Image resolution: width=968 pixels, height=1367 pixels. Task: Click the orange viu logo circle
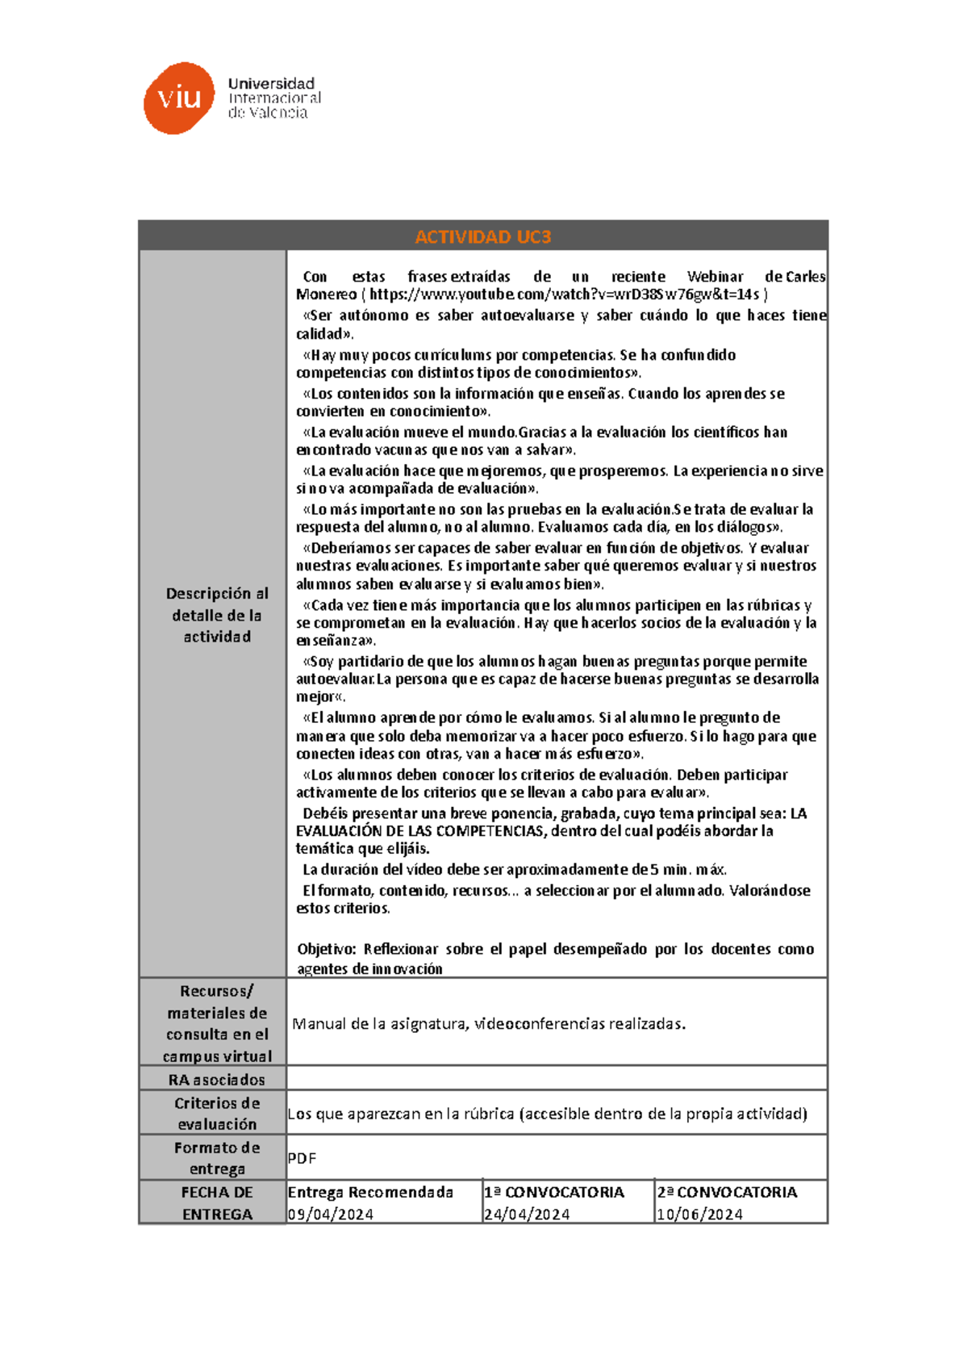click(x=179, y=98)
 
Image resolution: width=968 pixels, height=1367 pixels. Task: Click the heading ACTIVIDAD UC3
click(x=482, y=236)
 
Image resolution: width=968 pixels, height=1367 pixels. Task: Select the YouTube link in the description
click(x=564, y=295)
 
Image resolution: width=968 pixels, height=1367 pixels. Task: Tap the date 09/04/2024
click(x=331, y=1214)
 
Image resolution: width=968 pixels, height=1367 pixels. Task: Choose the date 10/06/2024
click(x=699, y=1214)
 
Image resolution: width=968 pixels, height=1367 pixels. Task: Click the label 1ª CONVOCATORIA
click(x=554, y=1192)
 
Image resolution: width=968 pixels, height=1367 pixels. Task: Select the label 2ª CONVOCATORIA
click(x=727, y=1192)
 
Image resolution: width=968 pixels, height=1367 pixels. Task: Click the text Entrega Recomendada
click(x=370, y=1192)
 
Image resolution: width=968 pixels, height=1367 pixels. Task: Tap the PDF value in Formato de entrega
click(x=302, y=1158)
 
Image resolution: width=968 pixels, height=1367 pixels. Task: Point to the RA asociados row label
click(x=216, y=1080)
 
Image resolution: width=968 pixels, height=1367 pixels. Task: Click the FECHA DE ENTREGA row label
click(x=216, y=1202)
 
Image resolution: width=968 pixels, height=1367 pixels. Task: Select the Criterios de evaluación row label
click(x=216, y=1114)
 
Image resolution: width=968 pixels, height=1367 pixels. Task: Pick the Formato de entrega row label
click(x=216, y=1158)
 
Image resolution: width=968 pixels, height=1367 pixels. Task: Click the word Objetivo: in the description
click(x=327, y=949)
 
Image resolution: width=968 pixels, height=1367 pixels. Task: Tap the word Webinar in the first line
click(x=715, y=277)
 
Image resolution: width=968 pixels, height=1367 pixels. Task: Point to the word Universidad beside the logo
click(x=271, y=84)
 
